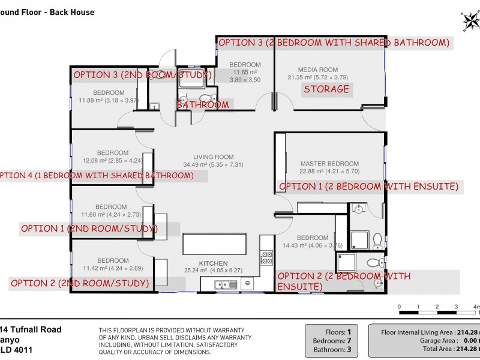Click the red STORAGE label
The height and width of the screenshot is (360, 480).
coord(326,89)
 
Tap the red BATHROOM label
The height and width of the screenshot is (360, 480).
coord(202,104)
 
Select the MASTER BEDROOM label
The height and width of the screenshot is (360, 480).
coord(329,163)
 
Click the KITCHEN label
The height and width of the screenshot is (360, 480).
coord(213,263)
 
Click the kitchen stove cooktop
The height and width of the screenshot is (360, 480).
coord(266,257)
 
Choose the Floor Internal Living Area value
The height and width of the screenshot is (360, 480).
coord(467,331)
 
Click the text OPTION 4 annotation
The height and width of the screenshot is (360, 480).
coord(96,176)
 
